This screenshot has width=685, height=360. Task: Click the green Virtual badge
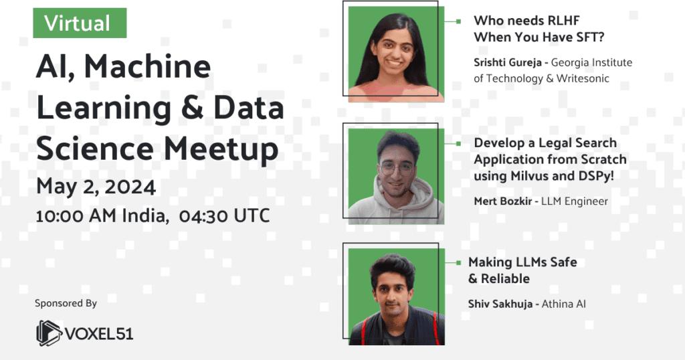(x=80, y=23)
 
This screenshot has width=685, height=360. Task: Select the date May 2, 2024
(x=96, y=186)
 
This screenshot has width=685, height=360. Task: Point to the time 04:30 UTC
(x=225, y=215)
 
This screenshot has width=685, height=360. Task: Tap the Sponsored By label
(x=66, y=303)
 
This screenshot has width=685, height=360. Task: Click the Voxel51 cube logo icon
(x=49, y=333)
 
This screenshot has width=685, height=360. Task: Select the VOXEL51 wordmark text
(x=99, y=333)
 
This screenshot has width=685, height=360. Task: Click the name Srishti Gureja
(x=506, y=63)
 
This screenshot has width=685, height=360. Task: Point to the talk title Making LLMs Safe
(x=522, y=262)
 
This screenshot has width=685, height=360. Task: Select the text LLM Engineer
(x=577, y=201)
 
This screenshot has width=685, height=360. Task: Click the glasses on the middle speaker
(x=396, y=168)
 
